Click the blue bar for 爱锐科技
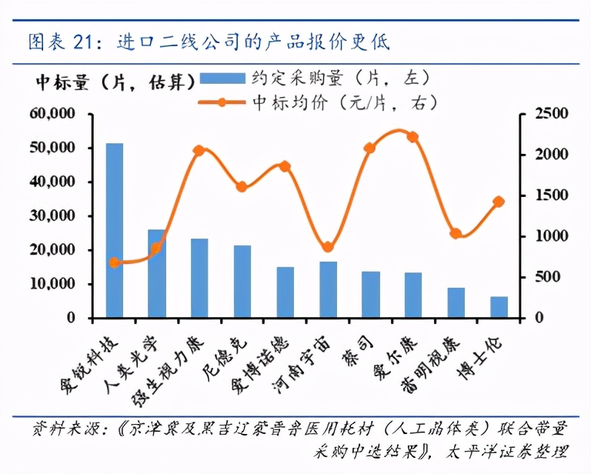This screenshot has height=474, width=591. pos(114,231)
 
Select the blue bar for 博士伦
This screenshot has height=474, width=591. pos(499,307)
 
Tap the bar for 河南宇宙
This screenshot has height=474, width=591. pos(328,289)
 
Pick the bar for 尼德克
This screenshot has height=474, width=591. pos(242,282)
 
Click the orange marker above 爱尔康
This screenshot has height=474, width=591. pos(412,137)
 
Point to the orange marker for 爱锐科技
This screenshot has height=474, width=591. pos(114,263)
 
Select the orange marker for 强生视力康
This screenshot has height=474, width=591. pos(199,151)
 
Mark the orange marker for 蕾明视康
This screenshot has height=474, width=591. pos(456,234)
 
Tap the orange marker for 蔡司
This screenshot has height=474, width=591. pos(370,148)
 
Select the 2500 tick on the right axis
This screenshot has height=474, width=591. pos(533,114)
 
